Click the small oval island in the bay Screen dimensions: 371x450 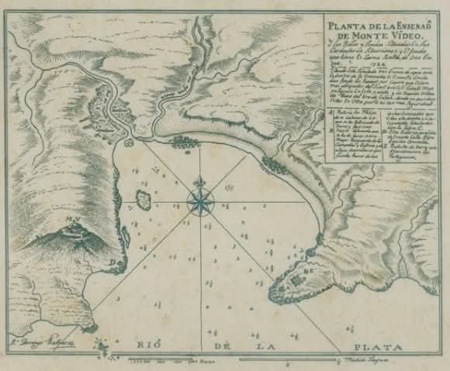144,189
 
